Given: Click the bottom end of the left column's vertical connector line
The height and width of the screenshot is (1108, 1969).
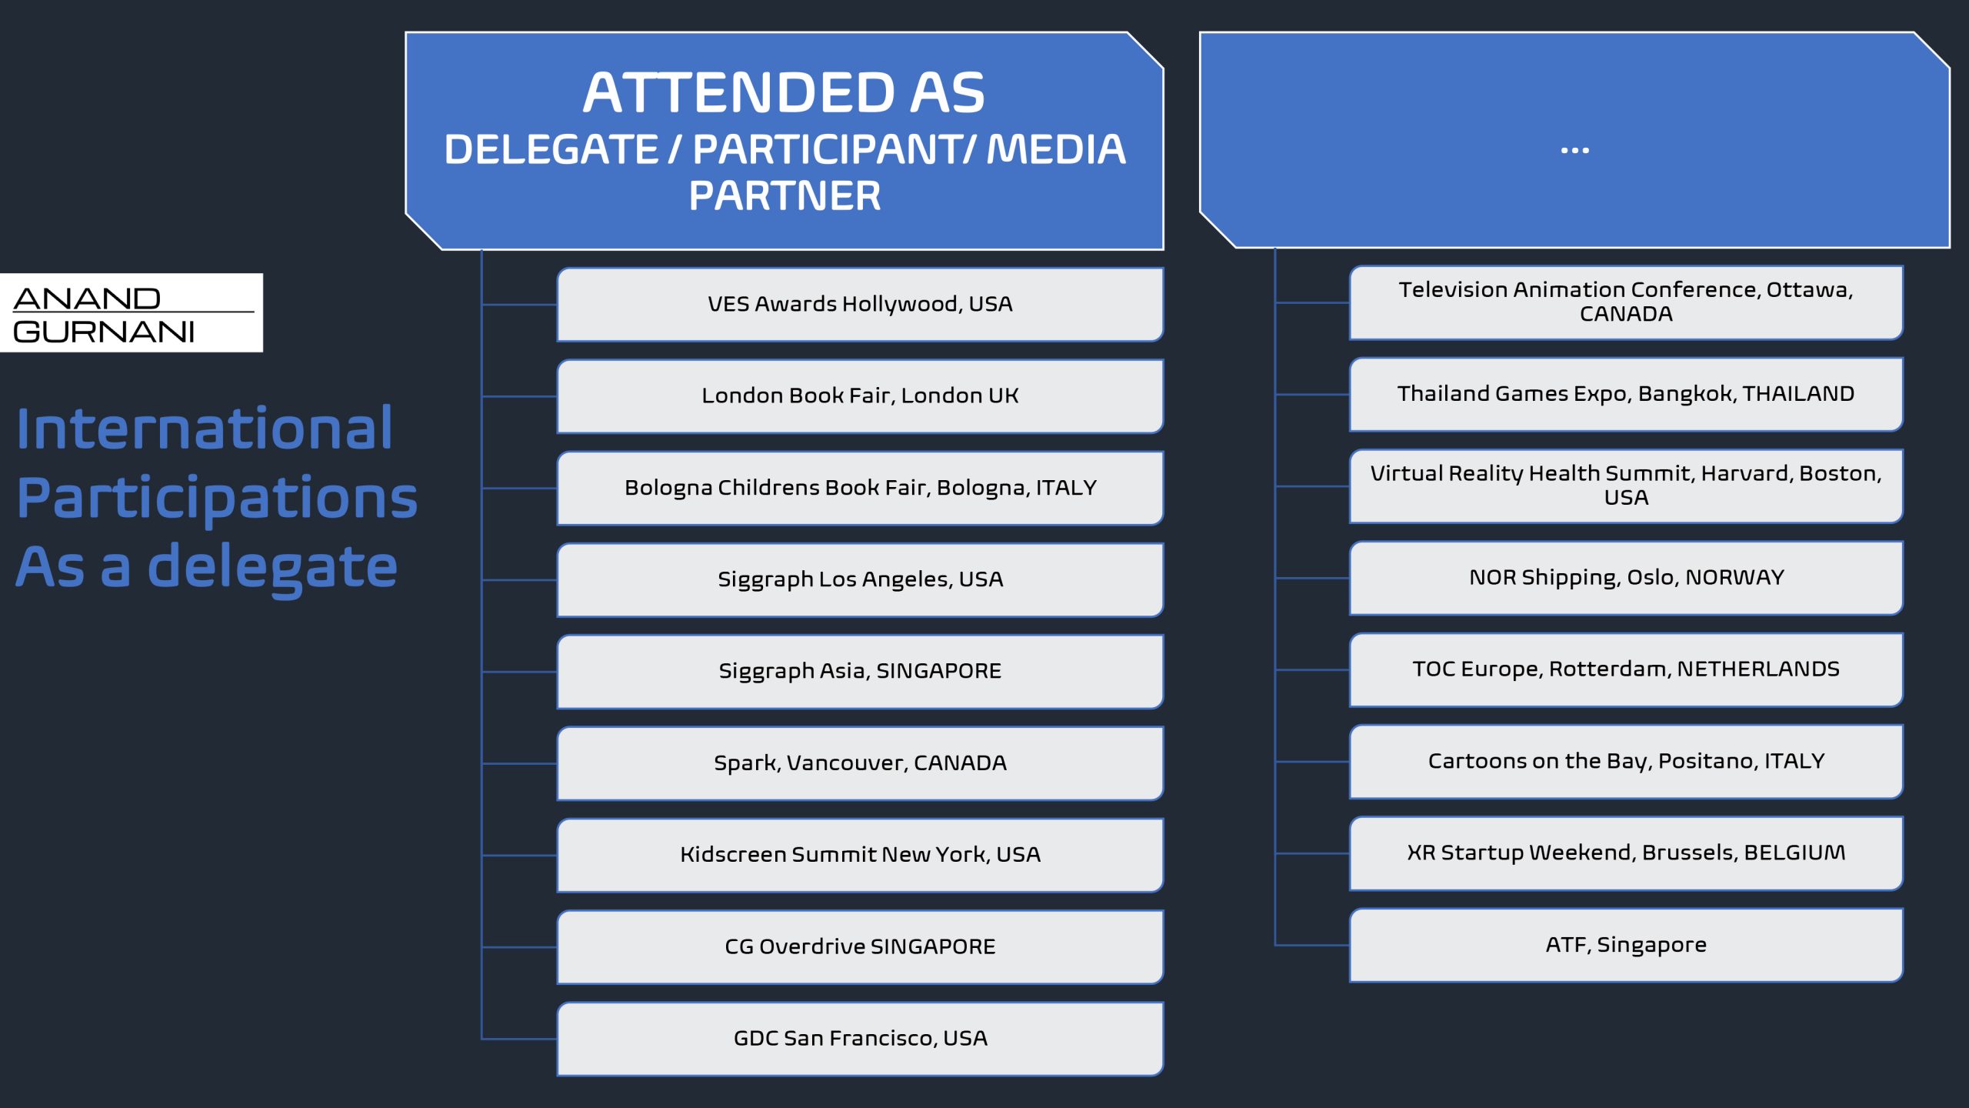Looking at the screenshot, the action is pos(481,1039).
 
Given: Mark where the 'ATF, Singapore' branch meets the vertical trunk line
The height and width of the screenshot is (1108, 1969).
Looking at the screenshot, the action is pos(1275,945).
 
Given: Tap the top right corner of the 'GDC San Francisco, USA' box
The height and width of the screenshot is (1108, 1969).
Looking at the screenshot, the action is pos(1163,1003).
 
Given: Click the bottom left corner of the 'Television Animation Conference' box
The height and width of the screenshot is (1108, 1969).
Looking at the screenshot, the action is pos(1351,339).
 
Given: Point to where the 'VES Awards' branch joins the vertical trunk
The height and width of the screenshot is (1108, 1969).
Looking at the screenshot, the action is pos(481,305).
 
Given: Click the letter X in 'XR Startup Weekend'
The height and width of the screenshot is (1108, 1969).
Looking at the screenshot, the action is pos(1414,853).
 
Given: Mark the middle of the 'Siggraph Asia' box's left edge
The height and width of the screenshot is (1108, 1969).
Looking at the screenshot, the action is pos(558,672).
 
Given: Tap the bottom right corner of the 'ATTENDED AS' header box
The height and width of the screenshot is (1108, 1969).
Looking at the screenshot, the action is pos(1163,249).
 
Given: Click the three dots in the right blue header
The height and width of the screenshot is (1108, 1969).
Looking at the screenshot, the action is pos(1574,150).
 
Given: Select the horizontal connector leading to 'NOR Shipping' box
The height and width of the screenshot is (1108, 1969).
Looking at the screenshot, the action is pos(1312,578).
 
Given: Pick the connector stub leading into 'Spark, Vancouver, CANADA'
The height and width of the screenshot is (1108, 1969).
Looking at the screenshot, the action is pos(519,763).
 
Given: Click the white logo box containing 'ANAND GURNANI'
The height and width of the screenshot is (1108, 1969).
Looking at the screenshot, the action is pos(132,312).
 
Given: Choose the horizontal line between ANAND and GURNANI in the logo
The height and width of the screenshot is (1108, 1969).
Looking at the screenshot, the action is pos(134,312).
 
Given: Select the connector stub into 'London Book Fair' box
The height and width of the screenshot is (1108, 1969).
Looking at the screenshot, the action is pos(519,396).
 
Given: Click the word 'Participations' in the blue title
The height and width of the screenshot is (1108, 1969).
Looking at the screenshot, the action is pos(217,498).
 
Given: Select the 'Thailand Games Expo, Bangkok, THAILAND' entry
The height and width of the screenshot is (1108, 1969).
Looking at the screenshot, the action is pos(1626,394).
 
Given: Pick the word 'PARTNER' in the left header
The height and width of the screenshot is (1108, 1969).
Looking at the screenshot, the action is pos(785,196).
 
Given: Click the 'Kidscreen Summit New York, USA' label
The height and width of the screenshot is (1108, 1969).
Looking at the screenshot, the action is pos(860,855).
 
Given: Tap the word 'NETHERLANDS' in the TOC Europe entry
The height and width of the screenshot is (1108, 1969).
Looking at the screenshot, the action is pos(1758,669).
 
